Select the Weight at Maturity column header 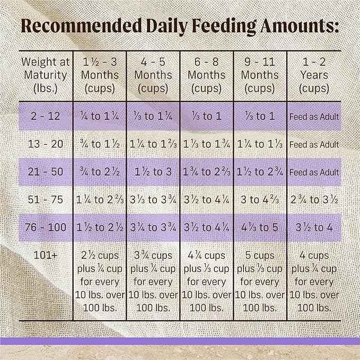tap(45, 75)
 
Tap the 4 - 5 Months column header tap(153, 75)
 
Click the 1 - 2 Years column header tap(314, 75)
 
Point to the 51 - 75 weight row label tap(45, 200)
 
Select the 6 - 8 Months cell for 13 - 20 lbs tap(206, 144)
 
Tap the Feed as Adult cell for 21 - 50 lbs tap(314, 172)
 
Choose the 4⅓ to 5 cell tap(260, 228)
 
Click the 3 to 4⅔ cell tap(260, 200)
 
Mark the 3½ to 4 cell tap(314, 228)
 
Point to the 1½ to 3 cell tap(153, 172)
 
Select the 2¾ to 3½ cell tap(314, 200)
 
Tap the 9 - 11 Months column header tap(260, 75)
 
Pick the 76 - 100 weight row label tap(45, 228)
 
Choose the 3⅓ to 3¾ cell tap(153, 200)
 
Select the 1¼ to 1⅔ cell tap(153, 144)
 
